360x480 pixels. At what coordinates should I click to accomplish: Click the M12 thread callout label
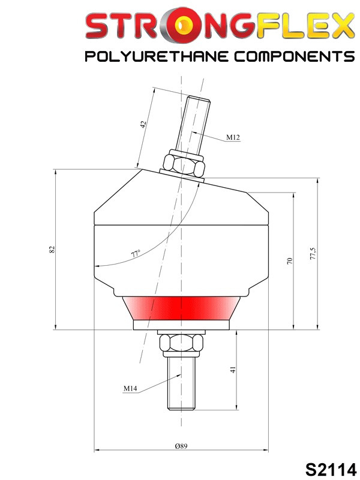tap(233, 137)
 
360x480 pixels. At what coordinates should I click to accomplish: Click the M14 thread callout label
tap(130, 388)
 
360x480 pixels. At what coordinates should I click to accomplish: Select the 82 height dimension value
tap(52, 249)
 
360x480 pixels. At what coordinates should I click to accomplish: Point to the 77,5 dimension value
tap(313, 253)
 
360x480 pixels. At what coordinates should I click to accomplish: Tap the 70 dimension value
tap(290, 261)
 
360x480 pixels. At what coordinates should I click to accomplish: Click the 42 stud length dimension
tap(143, 124)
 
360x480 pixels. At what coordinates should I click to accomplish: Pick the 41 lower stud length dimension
tap(233, 370)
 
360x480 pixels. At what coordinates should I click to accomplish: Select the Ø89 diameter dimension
tap(181, 446)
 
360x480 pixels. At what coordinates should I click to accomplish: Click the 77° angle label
tap(136, 254)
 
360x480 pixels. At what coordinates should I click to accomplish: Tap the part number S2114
tap(331, 469)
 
